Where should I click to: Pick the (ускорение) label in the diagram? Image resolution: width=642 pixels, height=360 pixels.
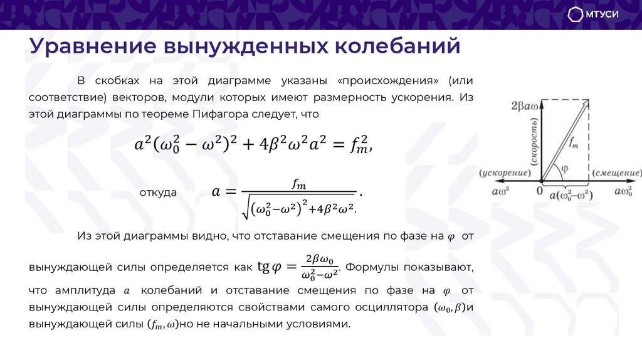505,173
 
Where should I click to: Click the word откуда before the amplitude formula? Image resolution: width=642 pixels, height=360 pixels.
158,193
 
